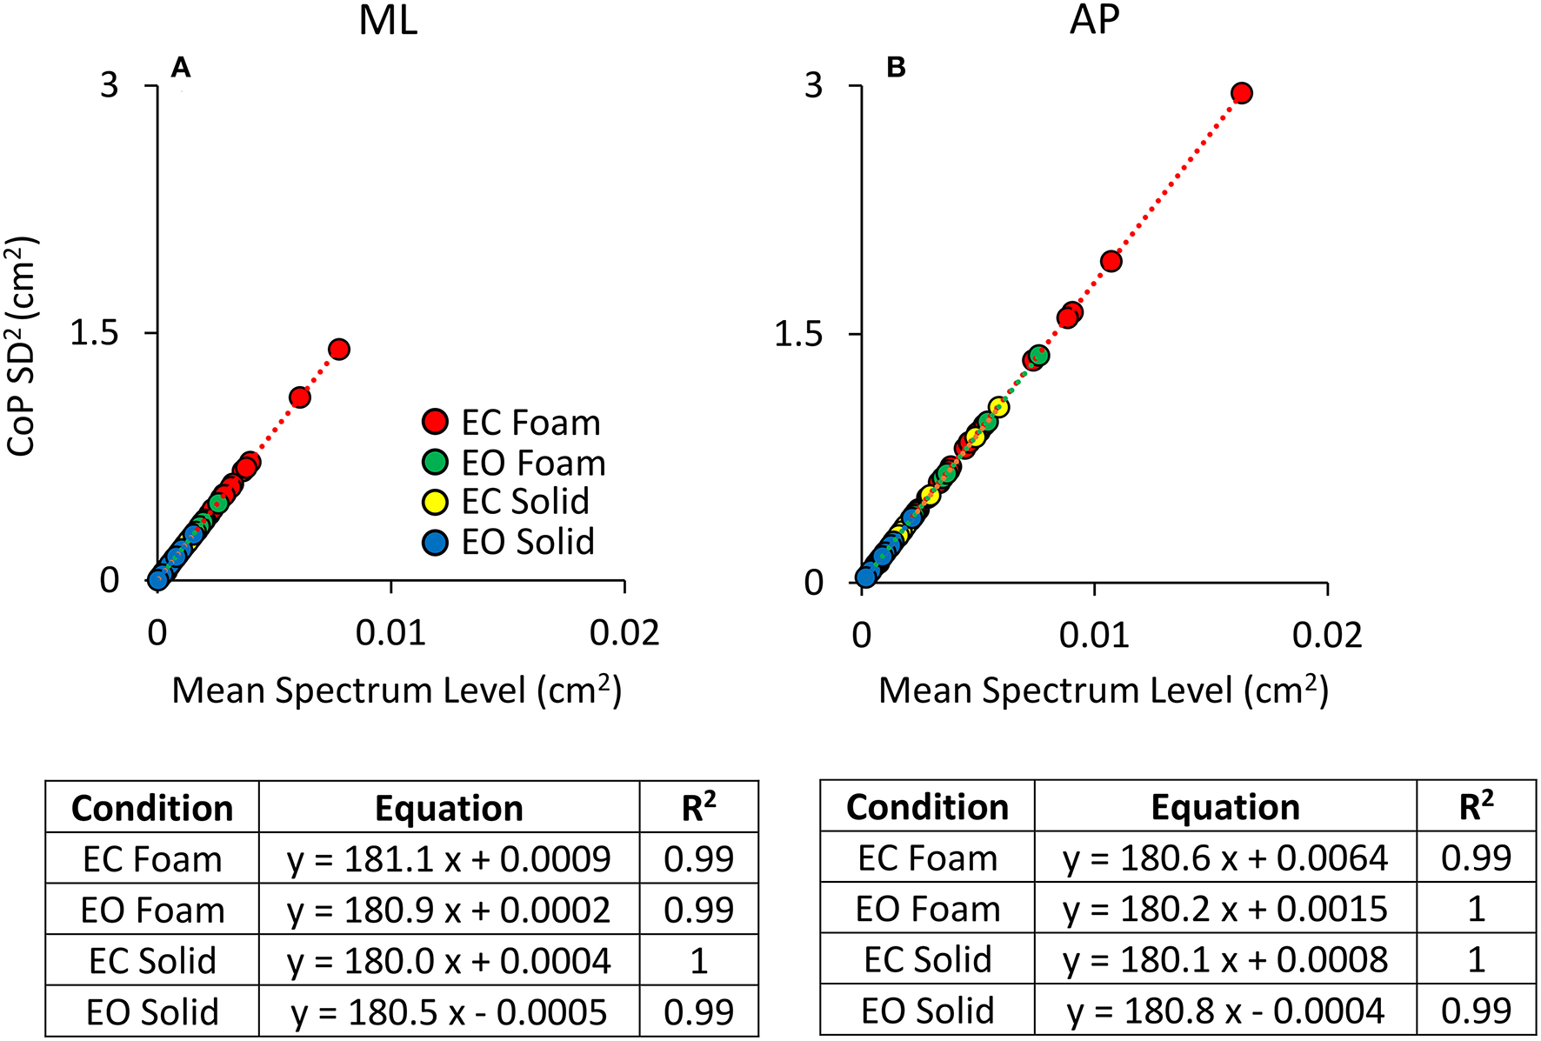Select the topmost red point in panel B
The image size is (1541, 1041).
(x=1242, y=93)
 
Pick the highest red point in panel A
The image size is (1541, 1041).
(x=339, y=349)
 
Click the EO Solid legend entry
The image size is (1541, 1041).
(x=510, y=542)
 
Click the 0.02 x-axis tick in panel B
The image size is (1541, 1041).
(x=1327, y=635)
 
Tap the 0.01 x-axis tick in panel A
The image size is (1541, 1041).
(x=390, y=633)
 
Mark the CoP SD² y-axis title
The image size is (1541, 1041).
(x=21, y=346)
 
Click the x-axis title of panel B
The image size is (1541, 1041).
(x=1103, y=691)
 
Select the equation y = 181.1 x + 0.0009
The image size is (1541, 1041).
(x=449, y=859)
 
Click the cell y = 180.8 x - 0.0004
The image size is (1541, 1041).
(x=1224, y=1011)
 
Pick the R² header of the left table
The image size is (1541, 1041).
(x=698, y=807)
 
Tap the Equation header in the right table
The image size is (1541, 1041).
(x=1224, y=807)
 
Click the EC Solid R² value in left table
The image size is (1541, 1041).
(x=698, y=961)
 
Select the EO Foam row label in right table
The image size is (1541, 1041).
(x=927, y=910)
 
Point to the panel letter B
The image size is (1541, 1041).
(x=895, y=67)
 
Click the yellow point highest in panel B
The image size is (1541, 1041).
(x=998, y=406)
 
